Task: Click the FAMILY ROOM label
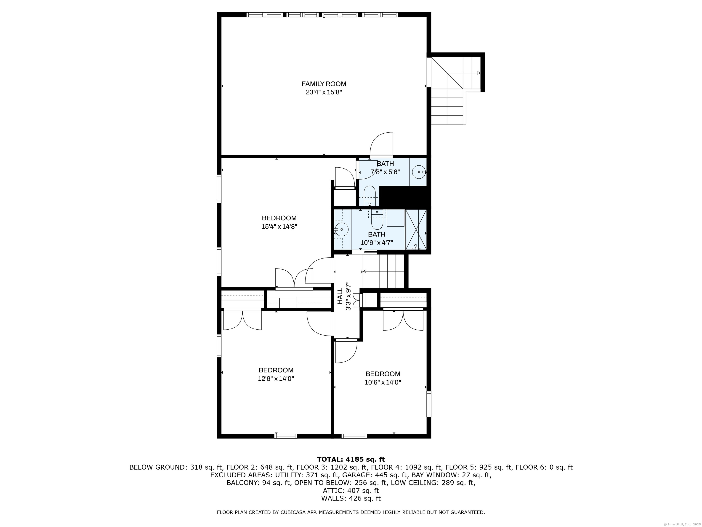point(324,84)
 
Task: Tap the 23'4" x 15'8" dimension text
point(324,92)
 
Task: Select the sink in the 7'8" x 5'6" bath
point(419,172)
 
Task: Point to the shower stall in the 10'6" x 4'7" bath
point(416,229)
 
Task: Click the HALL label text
point(340,296)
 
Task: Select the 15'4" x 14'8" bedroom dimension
point(279,226)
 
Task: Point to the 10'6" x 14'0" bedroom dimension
point(383,382)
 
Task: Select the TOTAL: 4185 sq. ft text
point(351,459)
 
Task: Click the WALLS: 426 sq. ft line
point(351,498)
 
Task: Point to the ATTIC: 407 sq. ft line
point(351,490)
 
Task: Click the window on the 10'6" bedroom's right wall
point(429,404)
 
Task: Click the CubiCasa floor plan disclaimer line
point(351,512)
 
